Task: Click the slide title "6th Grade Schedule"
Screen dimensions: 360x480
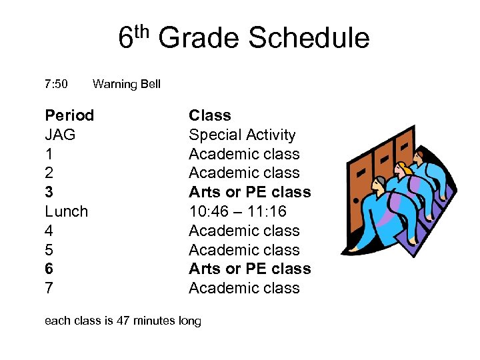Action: click(243, 38)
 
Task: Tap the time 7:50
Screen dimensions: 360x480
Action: click(56, 84)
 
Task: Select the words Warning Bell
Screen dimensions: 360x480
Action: click(127, 84)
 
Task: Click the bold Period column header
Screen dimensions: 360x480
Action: click(69, 115)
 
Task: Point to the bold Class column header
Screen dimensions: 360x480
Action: click(209, 115)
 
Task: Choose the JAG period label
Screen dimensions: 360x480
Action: click(60, 135)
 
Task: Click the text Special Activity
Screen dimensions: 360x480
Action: click(241, 135)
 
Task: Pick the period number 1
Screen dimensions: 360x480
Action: click(49, 154)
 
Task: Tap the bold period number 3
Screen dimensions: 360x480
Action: click(49, 192)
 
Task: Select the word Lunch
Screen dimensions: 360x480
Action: click(66, 211)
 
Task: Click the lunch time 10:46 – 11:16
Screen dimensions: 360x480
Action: click(245, 211)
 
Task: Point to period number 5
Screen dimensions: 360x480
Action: click(49, 250)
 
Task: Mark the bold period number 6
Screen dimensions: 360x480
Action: click(49, 269)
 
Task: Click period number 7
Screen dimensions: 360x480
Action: click(49, 288)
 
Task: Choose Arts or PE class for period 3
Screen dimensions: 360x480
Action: click(249, 192)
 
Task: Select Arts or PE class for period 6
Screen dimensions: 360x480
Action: click(249, 269)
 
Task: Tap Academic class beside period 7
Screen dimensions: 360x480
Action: click(244, 288)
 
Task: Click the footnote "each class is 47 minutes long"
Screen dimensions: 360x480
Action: click(123, 321)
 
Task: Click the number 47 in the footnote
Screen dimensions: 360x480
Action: click(123, 321)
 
